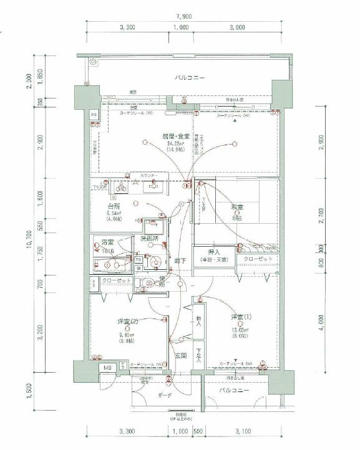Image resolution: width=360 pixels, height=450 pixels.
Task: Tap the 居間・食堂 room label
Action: click(x=175, y=136)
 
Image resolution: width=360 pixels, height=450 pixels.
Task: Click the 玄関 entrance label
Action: click(x=180, y=355)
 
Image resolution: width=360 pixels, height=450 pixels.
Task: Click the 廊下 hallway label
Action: click(x=180, y=261)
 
